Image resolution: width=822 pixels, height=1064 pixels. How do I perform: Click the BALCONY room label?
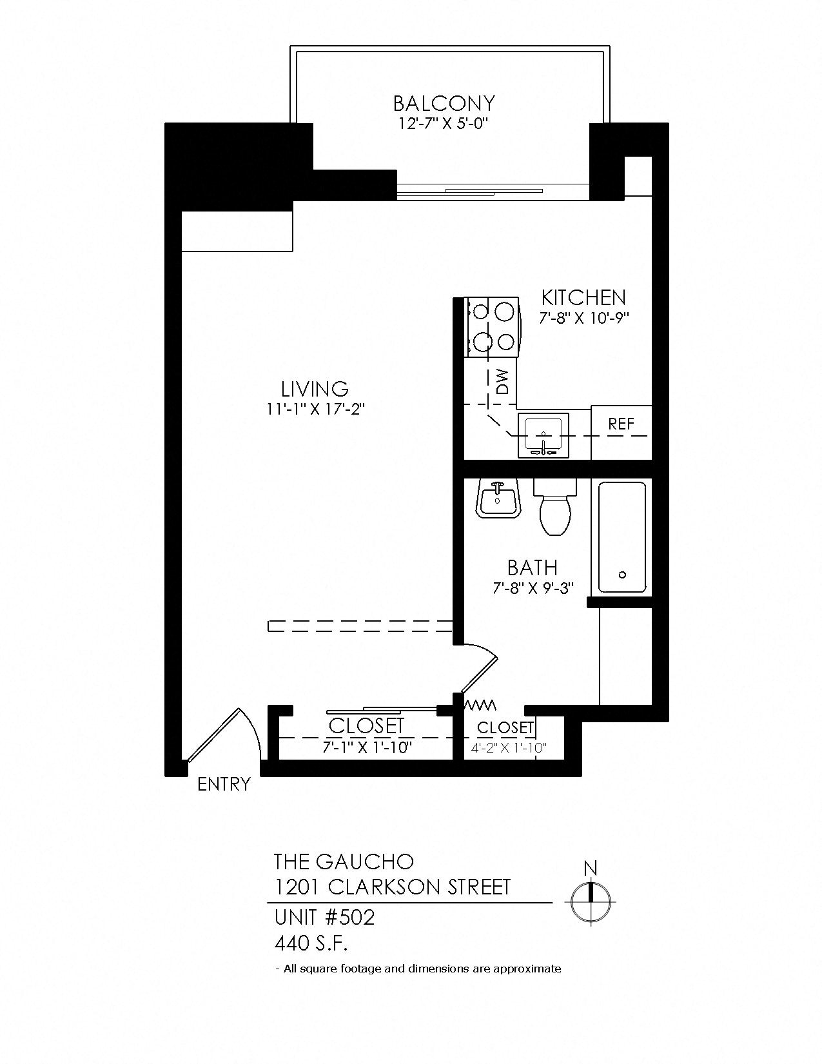point(444,103)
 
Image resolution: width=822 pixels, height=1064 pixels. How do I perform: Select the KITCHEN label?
point(583,297)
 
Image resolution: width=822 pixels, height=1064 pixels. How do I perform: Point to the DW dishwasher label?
point(502,381)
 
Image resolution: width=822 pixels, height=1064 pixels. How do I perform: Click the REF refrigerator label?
point(621,424)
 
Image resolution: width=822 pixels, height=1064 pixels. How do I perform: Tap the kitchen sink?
point(543,435)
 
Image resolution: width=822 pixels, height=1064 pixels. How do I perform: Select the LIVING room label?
point(315,389)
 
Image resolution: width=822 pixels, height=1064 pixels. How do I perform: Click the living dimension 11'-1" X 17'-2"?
point(315,409)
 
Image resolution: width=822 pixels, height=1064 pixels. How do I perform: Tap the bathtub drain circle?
point(622,574)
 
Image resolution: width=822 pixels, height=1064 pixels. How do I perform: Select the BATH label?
point(532,567)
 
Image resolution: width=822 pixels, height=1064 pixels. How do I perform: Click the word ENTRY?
point(223,785)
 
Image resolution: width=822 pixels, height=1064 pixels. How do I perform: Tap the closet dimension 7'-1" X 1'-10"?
point(366,747)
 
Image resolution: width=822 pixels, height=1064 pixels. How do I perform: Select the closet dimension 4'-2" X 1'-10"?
point(509,748)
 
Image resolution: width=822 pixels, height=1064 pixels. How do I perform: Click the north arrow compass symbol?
point(590,902)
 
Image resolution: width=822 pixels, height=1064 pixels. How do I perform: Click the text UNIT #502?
point(324,917)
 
